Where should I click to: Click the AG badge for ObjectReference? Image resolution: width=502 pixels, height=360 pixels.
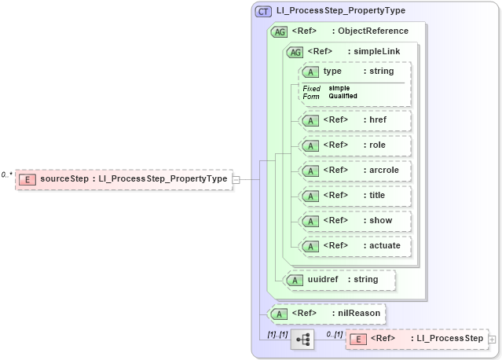point(278,31)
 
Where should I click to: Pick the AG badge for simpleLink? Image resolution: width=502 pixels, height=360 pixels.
point(295,52)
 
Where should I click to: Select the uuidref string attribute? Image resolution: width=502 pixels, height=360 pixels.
point(339,279)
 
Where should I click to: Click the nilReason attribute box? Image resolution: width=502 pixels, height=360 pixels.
point(326,314)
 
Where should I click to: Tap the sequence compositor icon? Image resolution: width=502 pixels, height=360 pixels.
point(302,339)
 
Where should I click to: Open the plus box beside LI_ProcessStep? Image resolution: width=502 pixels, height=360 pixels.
point(493,339)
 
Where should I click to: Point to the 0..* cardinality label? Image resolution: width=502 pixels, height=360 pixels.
point(7,174)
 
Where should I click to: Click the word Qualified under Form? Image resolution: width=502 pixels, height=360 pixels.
point(343,96)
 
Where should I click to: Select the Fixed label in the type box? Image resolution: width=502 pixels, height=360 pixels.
point(311,88)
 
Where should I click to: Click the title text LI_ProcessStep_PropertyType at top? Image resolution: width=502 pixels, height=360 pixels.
point(340,12)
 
